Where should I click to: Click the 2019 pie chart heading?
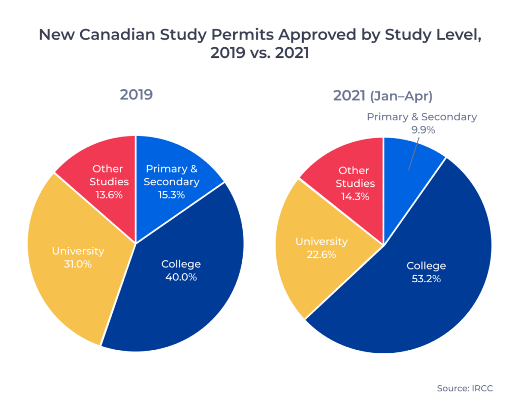click(x=136, y=95)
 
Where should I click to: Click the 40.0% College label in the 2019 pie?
click(x=181, y=277)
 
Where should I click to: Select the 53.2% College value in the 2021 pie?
click(x=426, y=279)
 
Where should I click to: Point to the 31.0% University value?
click(x=78, y=264)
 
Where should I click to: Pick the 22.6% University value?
click(x=321, y=254)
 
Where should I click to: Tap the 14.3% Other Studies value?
click(x=354, y=196)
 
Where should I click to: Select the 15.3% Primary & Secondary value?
click(x=172, y=194)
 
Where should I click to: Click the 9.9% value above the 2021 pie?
click(x=422, y=129)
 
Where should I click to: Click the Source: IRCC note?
click(x=465, y=388)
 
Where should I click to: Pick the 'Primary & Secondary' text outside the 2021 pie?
click(x=422, y=117)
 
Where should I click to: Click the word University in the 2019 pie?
click(x=78, y=251)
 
